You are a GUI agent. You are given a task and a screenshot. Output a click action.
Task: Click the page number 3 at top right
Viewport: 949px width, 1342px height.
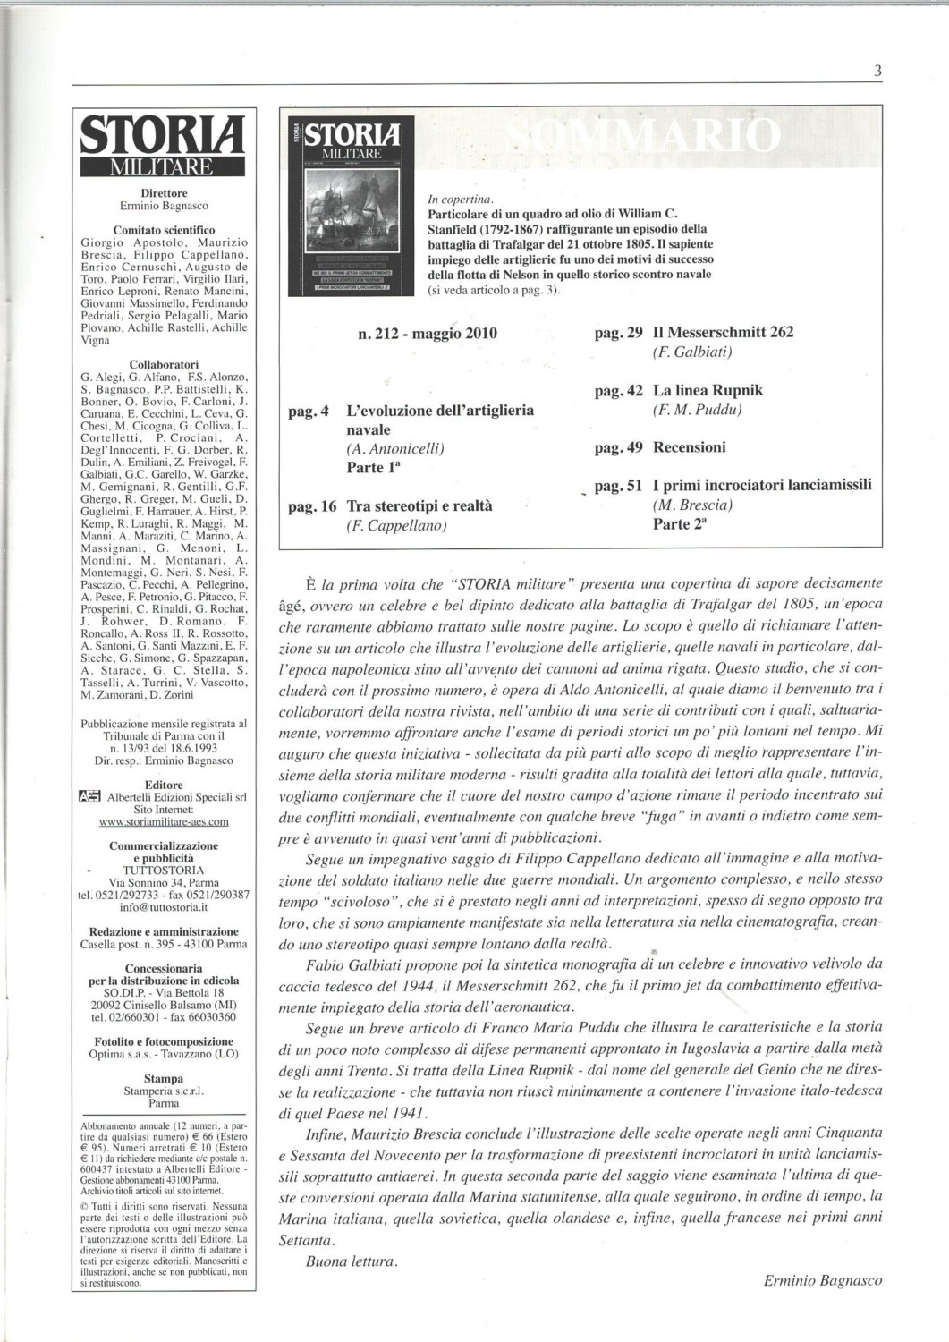click(877, 71)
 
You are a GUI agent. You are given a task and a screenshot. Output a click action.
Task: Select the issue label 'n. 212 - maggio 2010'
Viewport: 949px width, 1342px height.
click(427, 334)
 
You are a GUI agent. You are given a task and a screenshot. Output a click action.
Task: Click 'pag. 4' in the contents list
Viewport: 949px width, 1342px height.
click(309, 412)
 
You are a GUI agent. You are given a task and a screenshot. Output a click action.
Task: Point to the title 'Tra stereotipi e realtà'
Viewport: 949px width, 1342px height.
click(419, 506)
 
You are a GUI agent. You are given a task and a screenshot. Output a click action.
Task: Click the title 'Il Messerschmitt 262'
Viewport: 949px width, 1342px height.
click(723, 333)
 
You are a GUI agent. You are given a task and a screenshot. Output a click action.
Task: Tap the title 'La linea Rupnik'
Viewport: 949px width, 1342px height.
click(708, 391)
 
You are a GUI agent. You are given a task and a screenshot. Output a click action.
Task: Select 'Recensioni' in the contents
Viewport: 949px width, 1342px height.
click(689, 447)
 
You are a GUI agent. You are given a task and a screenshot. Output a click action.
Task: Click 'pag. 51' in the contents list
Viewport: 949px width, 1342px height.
click(618, 486)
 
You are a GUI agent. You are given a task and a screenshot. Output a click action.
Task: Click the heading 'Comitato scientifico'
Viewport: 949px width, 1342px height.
click(164, 230)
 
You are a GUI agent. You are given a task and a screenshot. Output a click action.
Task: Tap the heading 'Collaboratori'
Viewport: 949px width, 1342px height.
click(164, 365)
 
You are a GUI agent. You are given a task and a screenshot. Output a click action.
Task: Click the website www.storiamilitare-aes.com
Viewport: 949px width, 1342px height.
click(164, 821)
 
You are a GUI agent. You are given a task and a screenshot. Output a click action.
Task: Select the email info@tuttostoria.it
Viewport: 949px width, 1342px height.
click(164, 906)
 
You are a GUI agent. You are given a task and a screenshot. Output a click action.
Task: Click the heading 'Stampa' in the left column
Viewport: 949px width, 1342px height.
click(164, 1079)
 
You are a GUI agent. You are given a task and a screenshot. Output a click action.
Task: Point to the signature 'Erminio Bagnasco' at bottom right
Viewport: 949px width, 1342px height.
click(822, 1280)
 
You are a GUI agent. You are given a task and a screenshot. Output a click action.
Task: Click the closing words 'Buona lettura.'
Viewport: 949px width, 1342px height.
click(350, 1261)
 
